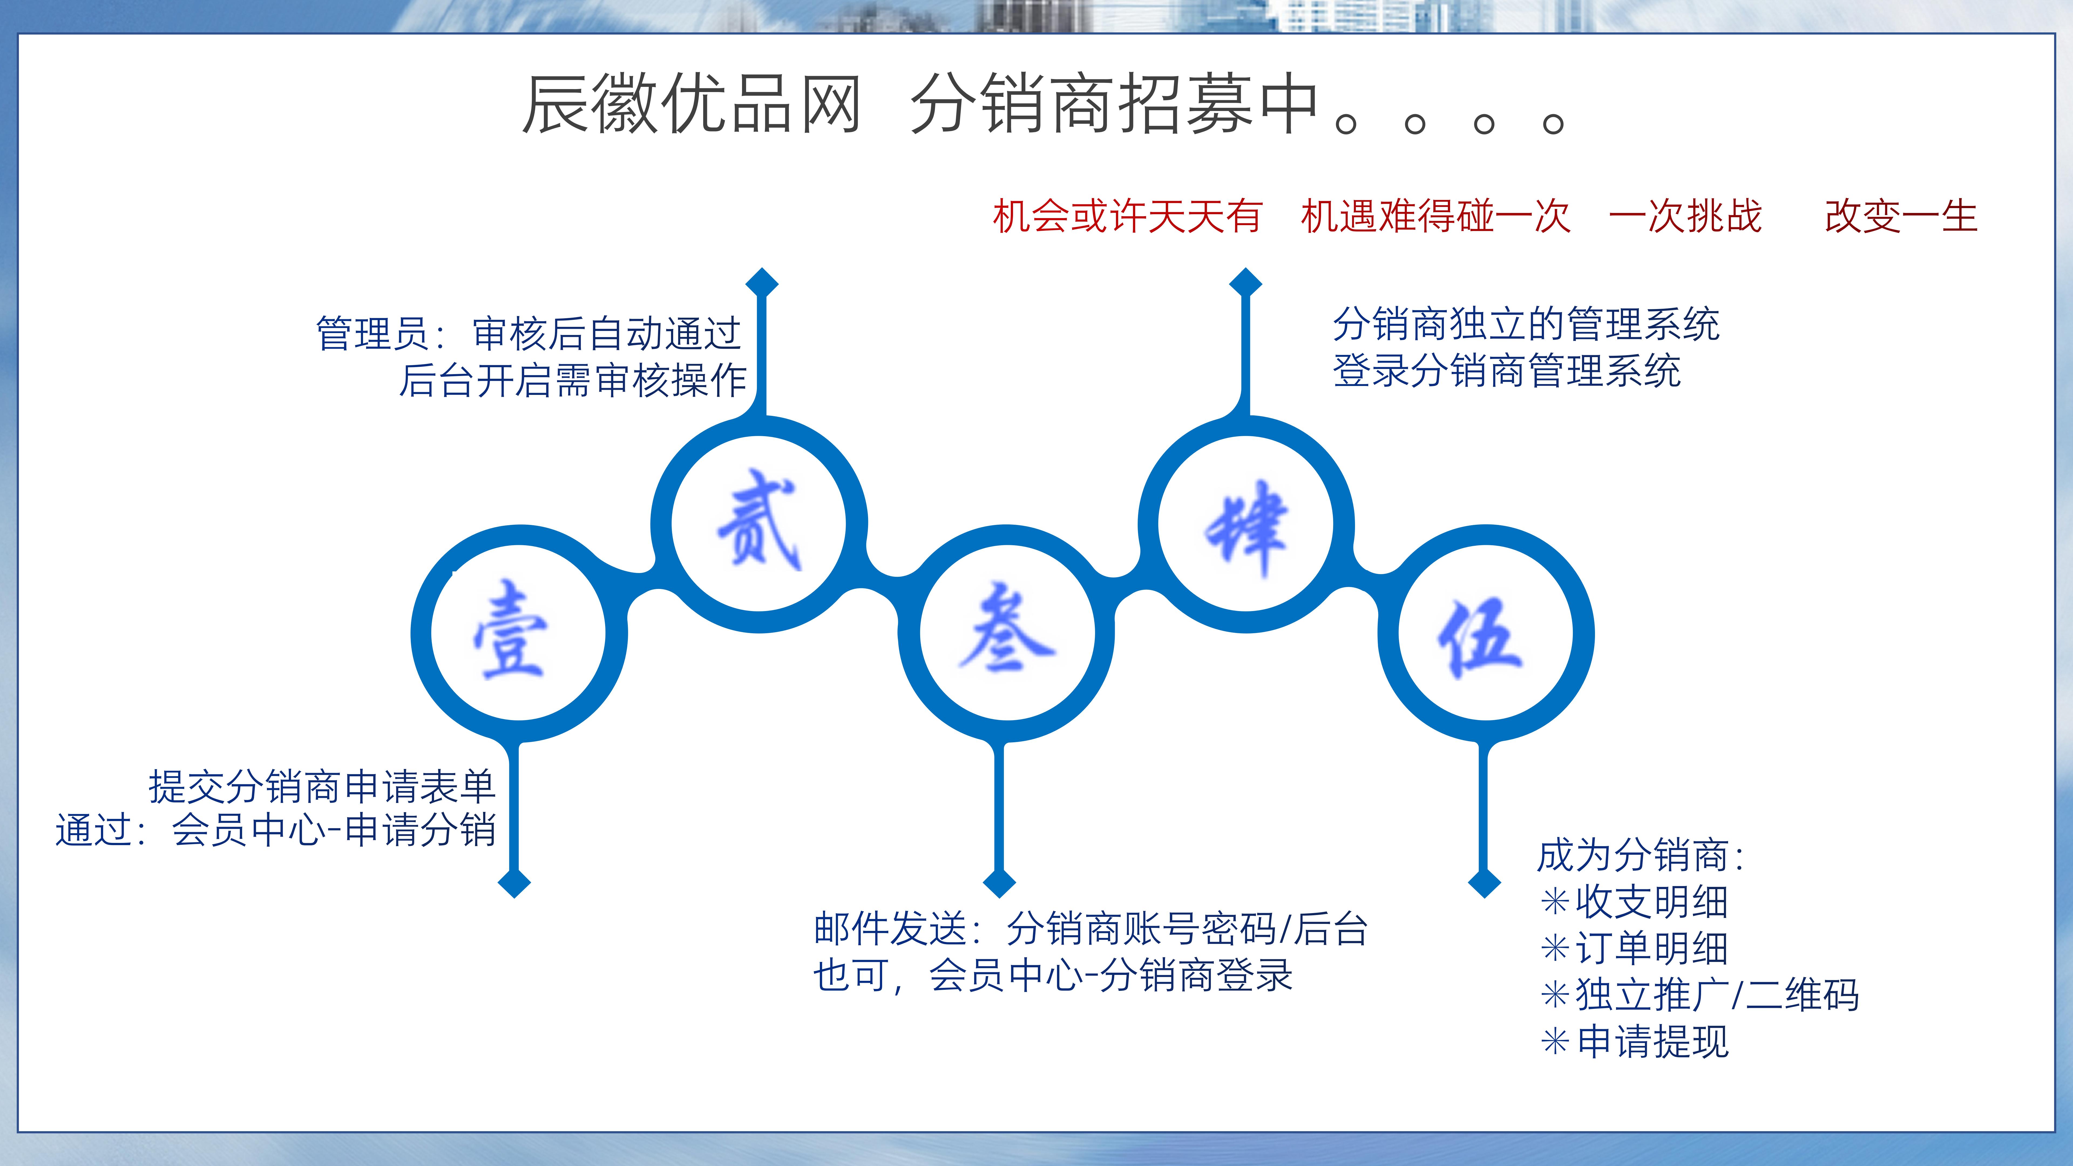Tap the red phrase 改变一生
tap(1901, 216)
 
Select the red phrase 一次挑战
tap(1685, 216)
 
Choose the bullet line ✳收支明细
tap(1634, 901)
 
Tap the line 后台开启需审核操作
tap(573, 380)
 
